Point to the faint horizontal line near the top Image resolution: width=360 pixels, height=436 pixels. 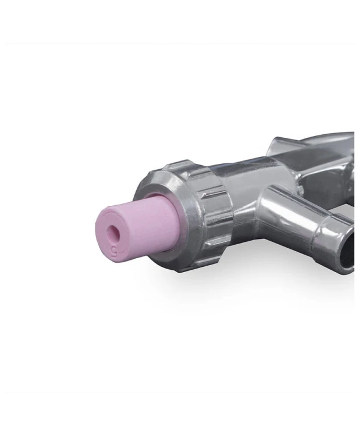(180, 44)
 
